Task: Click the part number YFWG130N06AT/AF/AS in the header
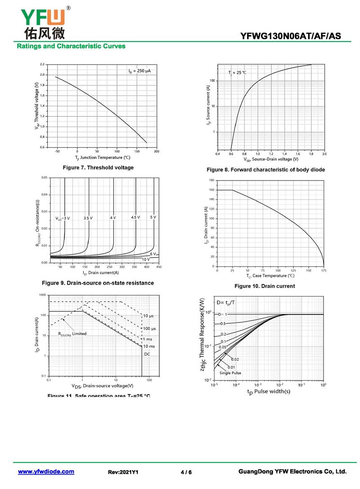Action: pos(297,36)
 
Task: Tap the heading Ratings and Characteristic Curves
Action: pos(71,46)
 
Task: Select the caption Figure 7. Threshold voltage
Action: pos(98,168)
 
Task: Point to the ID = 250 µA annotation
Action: pos(139,71)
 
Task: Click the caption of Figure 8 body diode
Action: pos(265,170)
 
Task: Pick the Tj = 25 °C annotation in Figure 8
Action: pos(237,72)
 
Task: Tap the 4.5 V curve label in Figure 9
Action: pos(135,217)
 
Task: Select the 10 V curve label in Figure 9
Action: pos(146,259)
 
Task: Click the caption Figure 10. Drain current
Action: pos(265,286)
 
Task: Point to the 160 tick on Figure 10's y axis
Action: pos(211,190)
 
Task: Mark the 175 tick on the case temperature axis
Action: pos(324,271)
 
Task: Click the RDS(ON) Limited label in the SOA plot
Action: pos(72,334)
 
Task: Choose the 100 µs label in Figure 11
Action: pos(149,329)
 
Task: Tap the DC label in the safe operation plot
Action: pos(147,354)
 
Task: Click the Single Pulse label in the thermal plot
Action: pos(230,373)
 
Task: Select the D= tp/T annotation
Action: pos(226,303)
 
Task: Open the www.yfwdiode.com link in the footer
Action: pos(46,471)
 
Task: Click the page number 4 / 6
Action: pos(186,472)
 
